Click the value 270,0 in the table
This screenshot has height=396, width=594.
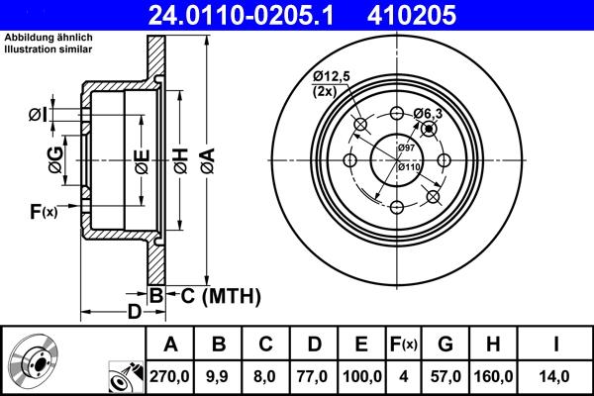171,376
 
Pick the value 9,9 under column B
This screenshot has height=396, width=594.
219,376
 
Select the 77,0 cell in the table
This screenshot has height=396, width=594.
314,376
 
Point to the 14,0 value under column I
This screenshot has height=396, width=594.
558,376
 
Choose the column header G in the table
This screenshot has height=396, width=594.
445,345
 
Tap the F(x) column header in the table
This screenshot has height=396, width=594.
406,345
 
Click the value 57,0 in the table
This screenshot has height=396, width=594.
445,376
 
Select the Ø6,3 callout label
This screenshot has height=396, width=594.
428,113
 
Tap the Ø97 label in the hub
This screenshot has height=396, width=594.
406,148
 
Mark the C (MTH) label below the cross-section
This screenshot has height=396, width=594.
213,295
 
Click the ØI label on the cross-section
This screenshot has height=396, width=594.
37,115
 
